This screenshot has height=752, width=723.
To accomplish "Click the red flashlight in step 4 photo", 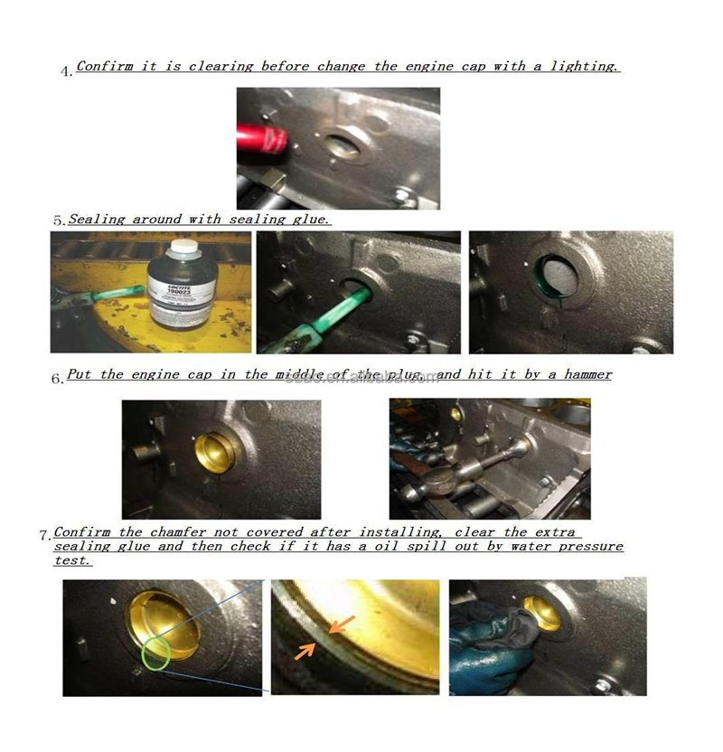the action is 262,136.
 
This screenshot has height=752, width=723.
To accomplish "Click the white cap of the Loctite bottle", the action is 184,246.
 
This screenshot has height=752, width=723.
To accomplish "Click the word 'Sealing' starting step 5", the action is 97,219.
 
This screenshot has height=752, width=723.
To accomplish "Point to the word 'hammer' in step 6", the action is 587,374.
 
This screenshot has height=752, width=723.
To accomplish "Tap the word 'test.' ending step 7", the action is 72,560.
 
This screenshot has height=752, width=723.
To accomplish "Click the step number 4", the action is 67,71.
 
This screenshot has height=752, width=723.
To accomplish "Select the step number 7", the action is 45,535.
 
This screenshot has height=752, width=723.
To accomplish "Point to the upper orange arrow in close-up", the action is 343,624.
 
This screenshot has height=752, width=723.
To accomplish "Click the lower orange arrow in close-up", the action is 305,651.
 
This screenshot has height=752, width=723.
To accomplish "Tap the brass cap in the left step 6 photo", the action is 214,453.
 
